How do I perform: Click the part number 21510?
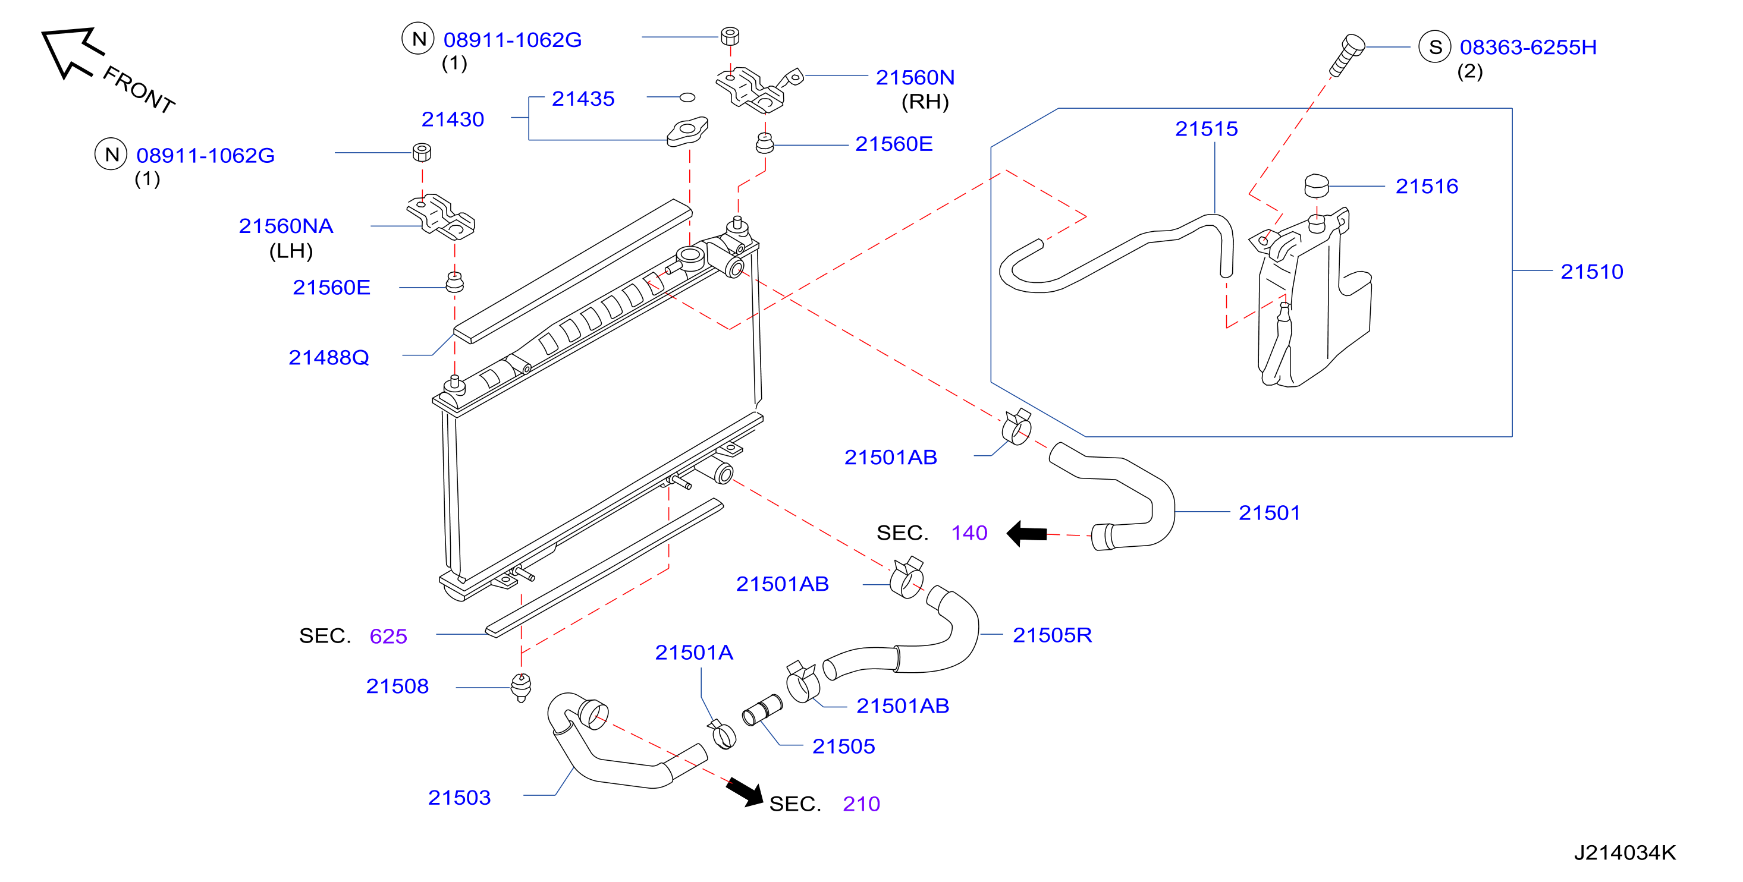pyautogui.click(x=1591, y=271)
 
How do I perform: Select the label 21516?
pyautogui.click(x=1427, y=186)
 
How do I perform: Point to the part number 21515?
pyautogui.click(x=1206, y=128)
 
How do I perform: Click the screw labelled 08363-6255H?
pyautogui.click(x=1346, y=55)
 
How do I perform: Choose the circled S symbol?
pyautogui.click(x=1434, y=47)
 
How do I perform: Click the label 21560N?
pyautogui.click(x=915, y=77)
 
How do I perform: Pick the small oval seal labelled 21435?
pyautogui.click(x=687, y=97)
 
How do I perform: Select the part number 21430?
pyautogui.click(x=453, y=119)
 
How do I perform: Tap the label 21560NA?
pyautogui.click(x=285, y=225)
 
